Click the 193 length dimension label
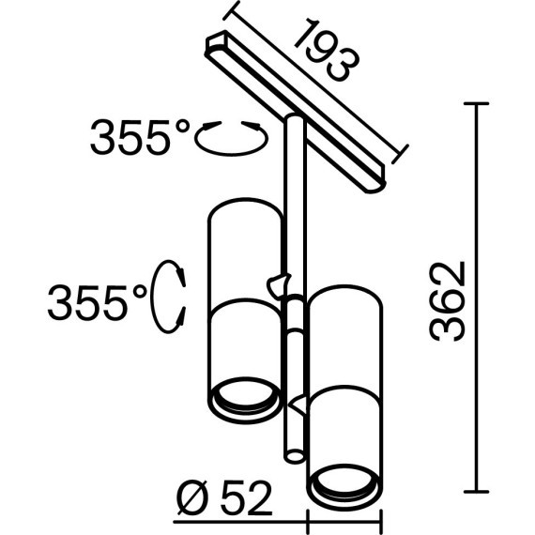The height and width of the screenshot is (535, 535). click(327, 51)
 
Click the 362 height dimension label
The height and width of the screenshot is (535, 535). click(448, 301)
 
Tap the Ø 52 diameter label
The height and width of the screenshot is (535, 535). click(225, 498)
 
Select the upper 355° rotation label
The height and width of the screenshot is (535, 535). click(140, 136)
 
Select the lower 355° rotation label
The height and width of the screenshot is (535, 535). click(98, 302)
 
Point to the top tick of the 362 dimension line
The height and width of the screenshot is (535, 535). click(476, 103)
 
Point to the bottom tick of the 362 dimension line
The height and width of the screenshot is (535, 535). click(476, 492)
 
